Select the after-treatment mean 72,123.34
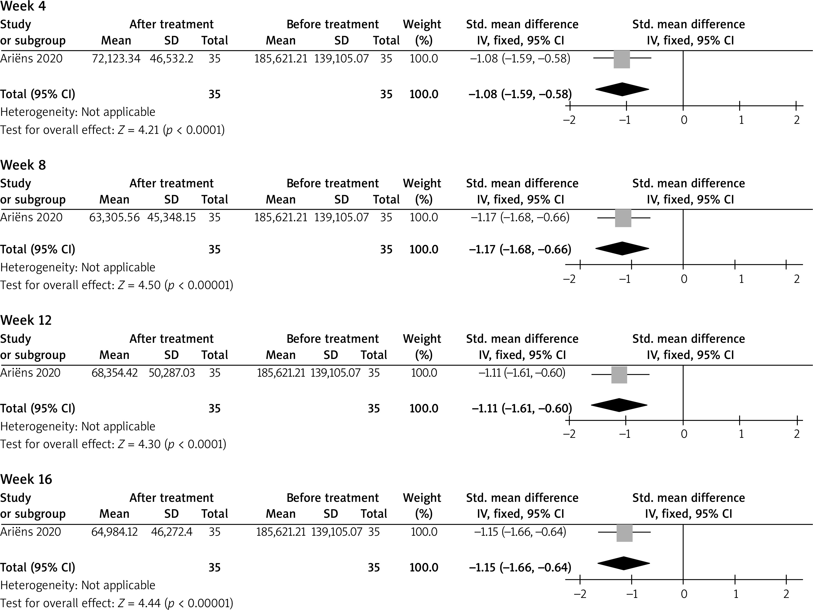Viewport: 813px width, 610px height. tap(116, 58)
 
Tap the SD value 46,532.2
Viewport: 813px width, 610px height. tap(171, 58)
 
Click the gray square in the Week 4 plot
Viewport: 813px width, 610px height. tap(622, 59)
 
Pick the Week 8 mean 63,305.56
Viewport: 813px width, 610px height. tap(114, 217)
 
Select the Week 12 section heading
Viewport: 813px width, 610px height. tap(26, 320)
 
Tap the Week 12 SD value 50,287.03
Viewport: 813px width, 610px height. tap(172, 373)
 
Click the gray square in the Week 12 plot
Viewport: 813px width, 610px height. tap(619, 375)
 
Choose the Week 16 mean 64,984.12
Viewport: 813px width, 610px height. tap(114, 532)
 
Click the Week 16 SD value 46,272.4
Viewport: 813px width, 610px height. tap(172, 532)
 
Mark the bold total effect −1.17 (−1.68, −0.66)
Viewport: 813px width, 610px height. tap(520, 249)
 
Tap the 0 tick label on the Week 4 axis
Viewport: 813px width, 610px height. tap(684, 120)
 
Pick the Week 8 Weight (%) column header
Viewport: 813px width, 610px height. tap(422, 191)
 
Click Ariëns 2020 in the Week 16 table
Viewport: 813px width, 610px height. tap(31, 532)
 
